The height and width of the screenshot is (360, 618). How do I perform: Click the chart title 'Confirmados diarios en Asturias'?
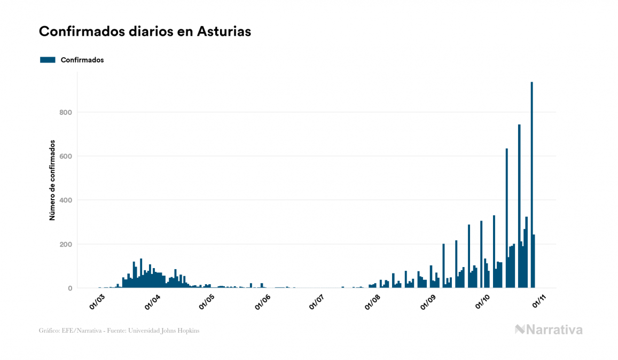pyautogui.click(x=145, y=32)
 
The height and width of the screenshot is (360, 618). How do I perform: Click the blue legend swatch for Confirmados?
pyautogui.click(x=48, y=60)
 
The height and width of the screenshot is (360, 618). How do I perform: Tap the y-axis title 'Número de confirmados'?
pyautogui.click(x=52, y=181)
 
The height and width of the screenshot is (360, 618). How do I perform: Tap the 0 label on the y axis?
pyautogui.click(x=69, y=288)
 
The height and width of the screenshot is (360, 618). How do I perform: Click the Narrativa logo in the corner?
pyautogui.click(x=549, y=330)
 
